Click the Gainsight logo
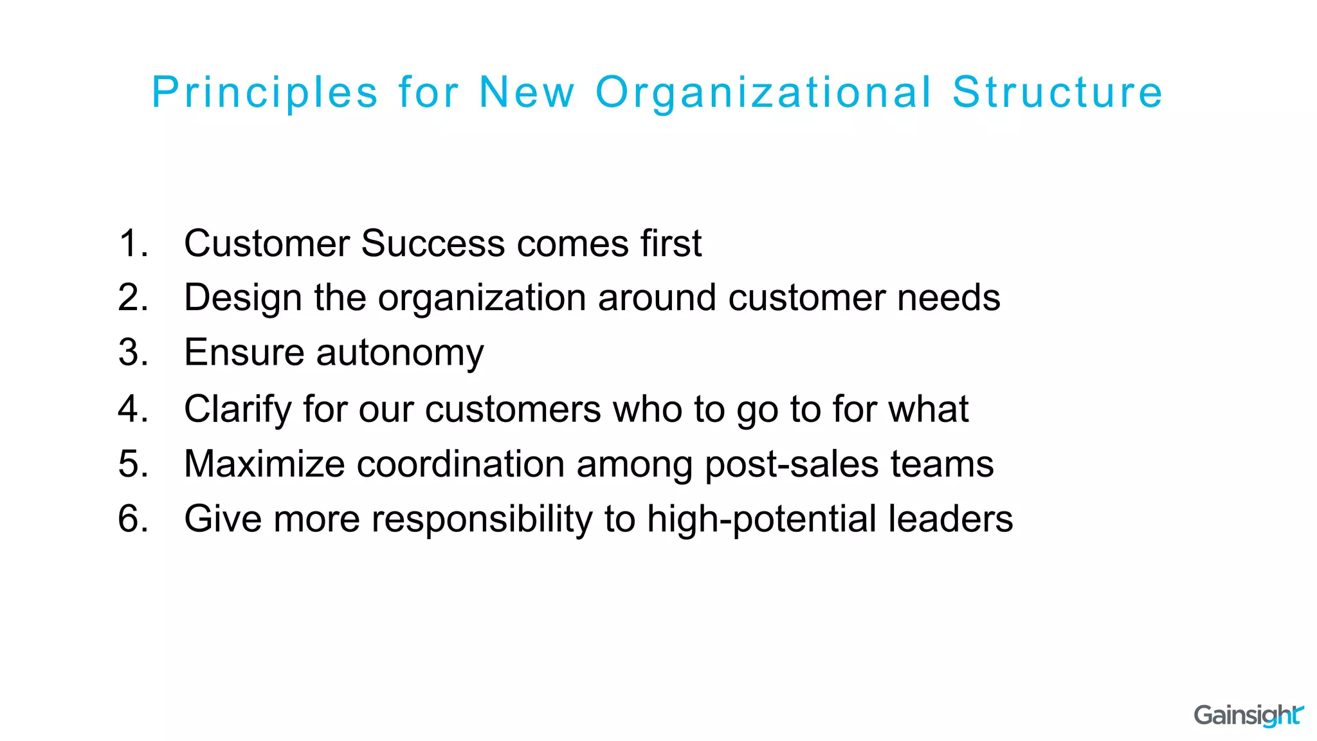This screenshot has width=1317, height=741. click(x=1248, y=715)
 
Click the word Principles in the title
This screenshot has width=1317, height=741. click(x=265, y=93)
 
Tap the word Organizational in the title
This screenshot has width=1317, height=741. click(x=763, y=93)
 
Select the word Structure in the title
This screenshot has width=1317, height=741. click(x=1057, y=93)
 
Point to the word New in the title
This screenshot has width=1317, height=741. click(x=527, y=93)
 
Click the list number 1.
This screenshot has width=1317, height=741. click(x=132, y=243)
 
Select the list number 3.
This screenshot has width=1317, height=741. click(x=132, y=352)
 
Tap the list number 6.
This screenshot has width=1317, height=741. click(x=132, y=518)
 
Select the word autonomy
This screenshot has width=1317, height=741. click(x=399, y=353)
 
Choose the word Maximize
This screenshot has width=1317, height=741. click(x=264, y=464)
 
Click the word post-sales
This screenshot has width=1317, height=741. click(x=792, y=464)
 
